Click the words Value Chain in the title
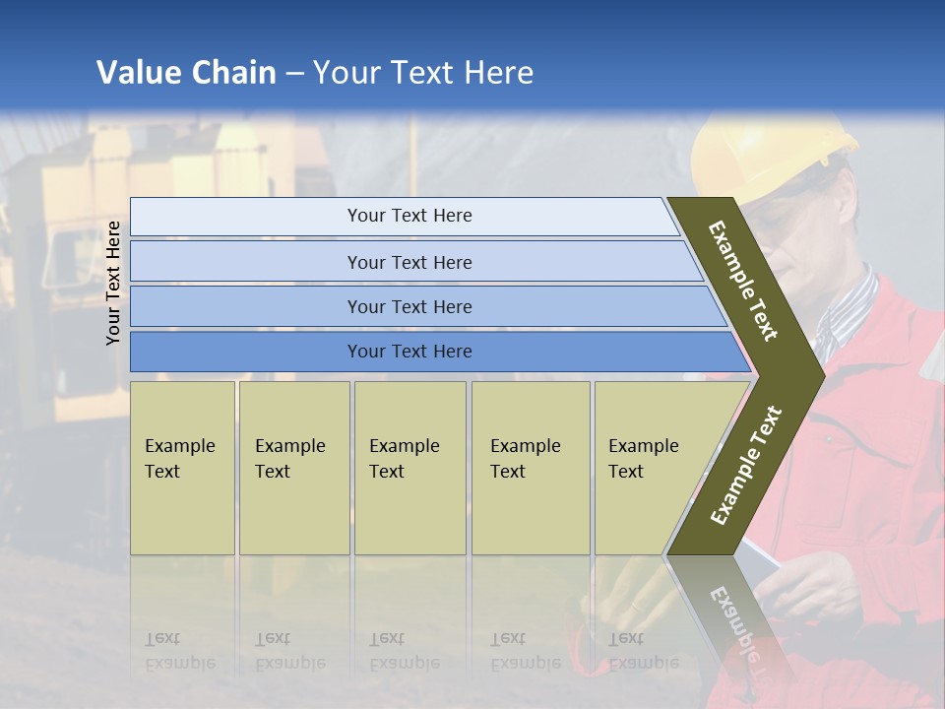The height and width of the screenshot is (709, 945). tap(186, 73)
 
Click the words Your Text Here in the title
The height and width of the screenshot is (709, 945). tap(423, 73)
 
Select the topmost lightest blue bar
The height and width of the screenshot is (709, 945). tap(409, 216)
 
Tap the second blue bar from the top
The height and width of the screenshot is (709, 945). tap(409, 262)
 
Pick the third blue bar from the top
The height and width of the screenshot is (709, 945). tap(409, 306)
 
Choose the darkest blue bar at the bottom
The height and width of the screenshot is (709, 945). tap(409, 352)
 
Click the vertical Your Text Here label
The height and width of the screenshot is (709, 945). tap(113, 283)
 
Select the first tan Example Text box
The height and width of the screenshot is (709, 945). tap(182, 467)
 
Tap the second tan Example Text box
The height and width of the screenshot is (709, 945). tap(293, 467)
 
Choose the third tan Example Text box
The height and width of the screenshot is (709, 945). tap(409, 467)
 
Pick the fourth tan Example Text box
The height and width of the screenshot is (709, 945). tap(530, 467)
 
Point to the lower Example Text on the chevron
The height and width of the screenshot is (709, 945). tap(745, 465)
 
